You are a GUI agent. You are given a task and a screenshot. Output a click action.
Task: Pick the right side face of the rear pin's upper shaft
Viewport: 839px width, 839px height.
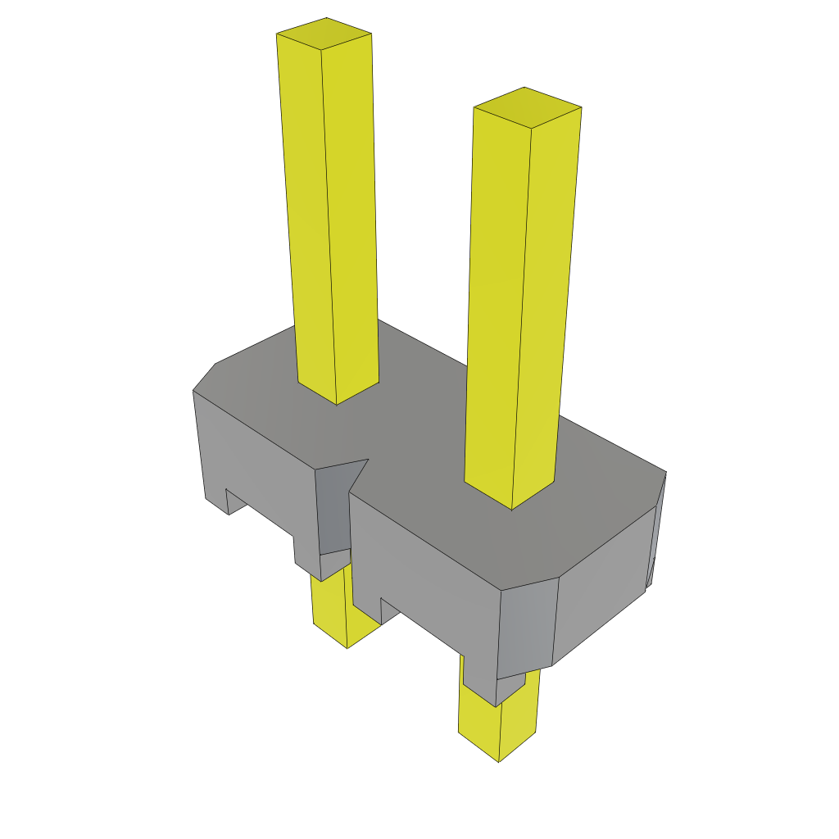click(352, 213)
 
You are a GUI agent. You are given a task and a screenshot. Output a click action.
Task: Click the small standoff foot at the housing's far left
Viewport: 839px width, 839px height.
click(215, 497)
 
